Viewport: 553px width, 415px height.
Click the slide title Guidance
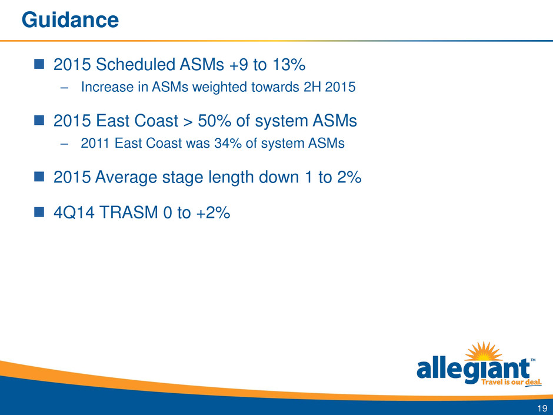pos(70,20)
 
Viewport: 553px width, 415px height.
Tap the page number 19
pos(542,409)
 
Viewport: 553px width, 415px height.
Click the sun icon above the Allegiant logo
pos(484,351)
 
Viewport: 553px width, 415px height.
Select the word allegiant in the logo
pos(474,370)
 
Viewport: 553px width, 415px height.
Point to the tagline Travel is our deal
pos(511,383)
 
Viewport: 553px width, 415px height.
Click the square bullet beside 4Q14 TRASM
pos(39,212)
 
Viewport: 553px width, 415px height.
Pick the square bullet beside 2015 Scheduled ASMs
pos(39,64)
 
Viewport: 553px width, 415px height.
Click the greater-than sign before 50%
pos(188,121)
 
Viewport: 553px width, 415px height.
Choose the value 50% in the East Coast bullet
pos(214,121)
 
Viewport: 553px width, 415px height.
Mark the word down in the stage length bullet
pos(279,177)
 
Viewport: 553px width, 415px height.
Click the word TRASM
pos(129,213)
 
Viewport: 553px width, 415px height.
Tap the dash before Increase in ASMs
pos(64,88)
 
